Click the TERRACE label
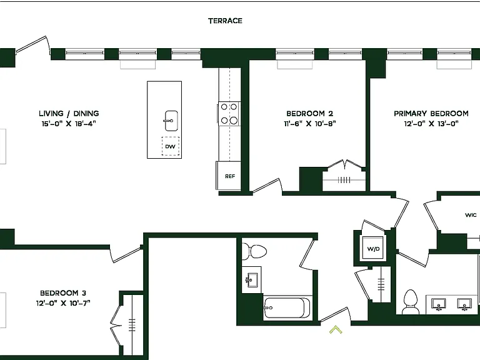pos(225,21)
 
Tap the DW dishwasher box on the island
pos(171,146)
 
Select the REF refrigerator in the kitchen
pos(229,176)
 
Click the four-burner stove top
pos(229,114)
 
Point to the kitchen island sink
pos(171,121)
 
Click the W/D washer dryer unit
pos(373,249)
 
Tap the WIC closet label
pos(471,215)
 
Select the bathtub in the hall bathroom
pos(287,308)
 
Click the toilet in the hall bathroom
pos(254,251)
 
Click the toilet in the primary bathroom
pos(411,301)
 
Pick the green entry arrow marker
pos(336,329)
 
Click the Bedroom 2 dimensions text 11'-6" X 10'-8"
pos(310,124)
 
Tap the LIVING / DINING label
pos(69,114)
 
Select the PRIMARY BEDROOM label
pos(431,114)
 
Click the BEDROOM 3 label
pos(63,293)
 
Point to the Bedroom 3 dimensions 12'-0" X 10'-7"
pos(63,303)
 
